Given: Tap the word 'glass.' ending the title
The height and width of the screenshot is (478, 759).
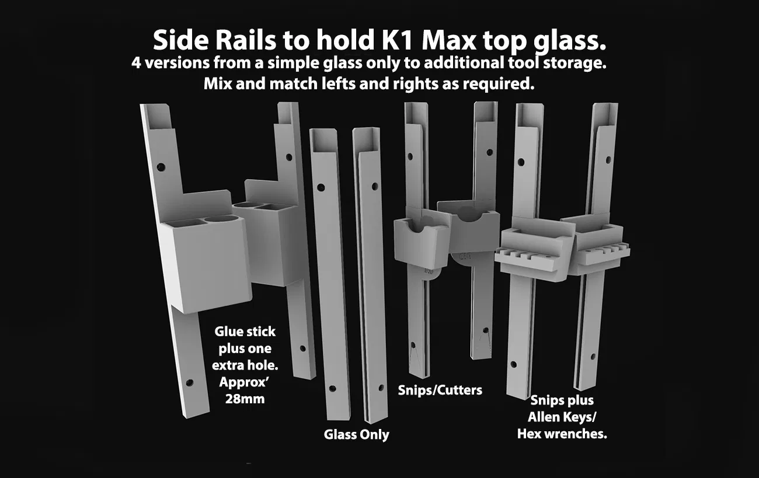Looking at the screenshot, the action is (x=569, y=42).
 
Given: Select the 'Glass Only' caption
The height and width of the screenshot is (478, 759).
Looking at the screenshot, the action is (x=357, y=435).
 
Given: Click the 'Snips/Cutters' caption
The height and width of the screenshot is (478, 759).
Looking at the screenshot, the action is (x=440, y=390).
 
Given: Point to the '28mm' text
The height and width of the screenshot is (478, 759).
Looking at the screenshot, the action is (x=245, y=399).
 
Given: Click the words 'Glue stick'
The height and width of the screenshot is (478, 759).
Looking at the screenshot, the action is (x=245, y=332).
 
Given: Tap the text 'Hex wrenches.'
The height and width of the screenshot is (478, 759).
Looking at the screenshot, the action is (x=562, y=434).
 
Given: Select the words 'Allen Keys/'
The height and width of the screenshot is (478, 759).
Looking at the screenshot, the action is (x=562, y=417).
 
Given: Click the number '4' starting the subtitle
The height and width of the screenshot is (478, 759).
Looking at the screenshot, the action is (x=136, y=63).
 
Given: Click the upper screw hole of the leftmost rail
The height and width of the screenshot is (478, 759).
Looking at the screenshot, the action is (x=161, y=167).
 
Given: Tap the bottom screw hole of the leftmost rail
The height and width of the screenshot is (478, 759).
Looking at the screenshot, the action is (x=189, y=383).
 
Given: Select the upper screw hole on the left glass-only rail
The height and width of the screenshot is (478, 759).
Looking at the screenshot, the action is (x=321, y=187).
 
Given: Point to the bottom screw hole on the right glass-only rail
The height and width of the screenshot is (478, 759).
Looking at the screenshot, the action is (x=381, y=388).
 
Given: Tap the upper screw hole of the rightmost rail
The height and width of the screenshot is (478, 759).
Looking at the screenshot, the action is (x=608, y=159).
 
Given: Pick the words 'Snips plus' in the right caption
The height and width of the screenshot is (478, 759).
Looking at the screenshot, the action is (x=562, y=400).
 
